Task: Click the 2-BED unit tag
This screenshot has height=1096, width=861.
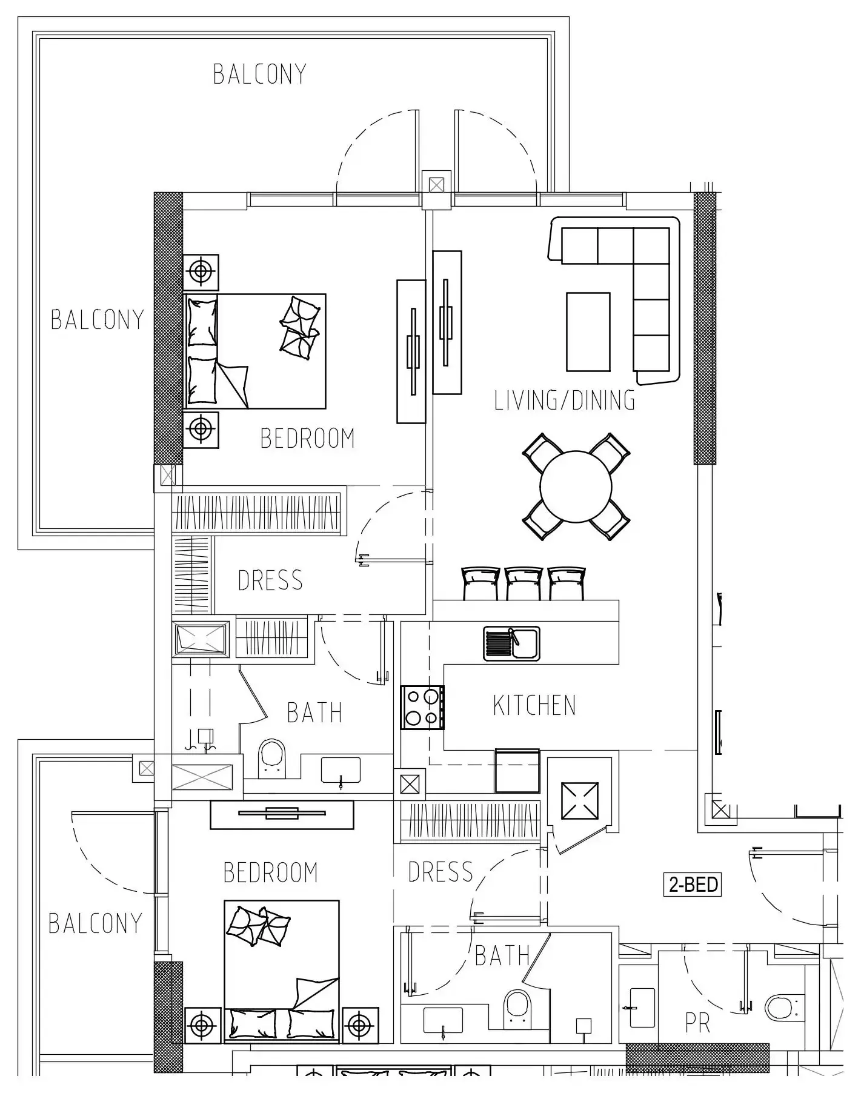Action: pyautogui.click(x=693, y=885)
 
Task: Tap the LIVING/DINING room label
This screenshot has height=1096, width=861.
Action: pyautogui.click(x=565, y=400)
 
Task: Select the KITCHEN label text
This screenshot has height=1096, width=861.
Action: pyautogui.click(x=534, y=705)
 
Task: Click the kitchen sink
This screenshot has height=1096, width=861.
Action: pyautogui.click(x=511, y=643)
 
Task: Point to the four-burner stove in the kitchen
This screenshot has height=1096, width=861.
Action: pyautogui.click(x=422, y=707)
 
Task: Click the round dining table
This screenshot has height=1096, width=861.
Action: pyautogui.click(x=576, y=486)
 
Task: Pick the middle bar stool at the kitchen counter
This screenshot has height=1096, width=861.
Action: pyautogui.click(x=524, y=583)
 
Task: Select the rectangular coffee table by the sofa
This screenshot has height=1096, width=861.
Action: pyautogui.click(x=588, y=331)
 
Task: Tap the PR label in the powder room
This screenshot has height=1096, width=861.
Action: pyautogui.click(x=697, y=1023)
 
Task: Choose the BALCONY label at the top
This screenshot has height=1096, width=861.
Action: pyautogui.click(x=260, y=74)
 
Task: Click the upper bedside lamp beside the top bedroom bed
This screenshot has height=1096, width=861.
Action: pyautogui.click(x=201, y=271)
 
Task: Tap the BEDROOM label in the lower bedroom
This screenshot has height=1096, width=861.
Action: pyautogui.click(x=270, y=872)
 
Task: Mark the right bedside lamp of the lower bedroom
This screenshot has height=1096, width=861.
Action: pyautogui.click(x=360, y=1025)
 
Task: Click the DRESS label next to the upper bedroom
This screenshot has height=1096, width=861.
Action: pyautogui.click(x=270, y=580)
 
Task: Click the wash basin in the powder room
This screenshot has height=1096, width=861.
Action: pyautogui.click(x=642, y=1008)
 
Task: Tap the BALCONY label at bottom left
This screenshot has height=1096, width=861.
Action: pyautogui.click(x=95, y=923)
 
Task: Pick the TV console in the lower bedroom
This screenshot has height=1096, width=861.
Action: pyautogui.click(x=282, y=814)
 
